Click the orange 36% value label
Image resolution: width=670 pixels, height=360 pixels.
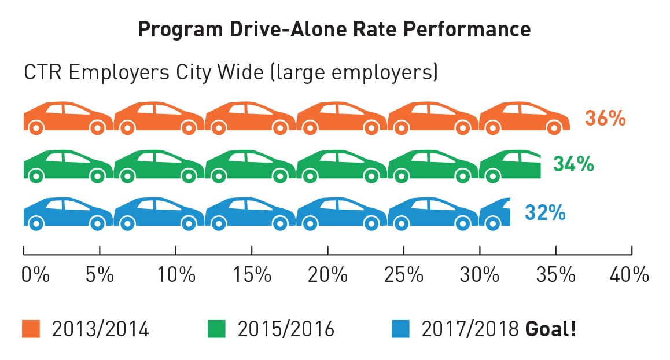[x=605, y=118]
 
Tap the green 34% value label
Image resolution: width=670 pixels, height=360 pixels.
[x=573, y=164]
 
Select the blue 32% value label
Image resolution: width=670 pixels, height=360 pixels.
[x=545, y=212]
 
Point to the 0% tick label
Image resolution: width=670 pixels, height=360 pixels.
[x=35, y=274]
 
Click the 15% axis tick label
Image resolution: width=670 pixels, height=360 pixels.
[x=252, y=274]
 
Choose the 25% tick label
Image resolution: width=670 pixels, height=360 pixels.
[x=404, y=274]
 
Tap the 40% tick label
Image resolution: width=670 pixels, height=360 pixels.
[x=629, y=274]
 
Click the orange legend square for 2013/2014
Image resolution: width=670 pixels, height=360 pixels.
[x=31, y=329]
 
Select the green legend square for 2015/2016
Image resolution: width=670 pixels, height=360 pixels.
[x=216, y=329]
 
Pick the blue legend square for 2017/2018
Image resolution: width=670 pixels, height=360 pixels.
[x=400, y=329]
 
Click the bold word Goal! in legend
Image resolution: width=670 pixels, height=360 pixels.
[x=550, y=329]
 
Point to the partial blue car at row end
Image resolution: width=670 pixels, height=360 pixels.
[x=495, y=214]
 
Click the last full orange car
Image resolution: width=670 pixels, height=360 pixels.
[x=524, y=118]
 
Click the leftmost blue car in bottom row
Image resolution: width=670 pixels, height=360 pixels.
[x=68, y=214]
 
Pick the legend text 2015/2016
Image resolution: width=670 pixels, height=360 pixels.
[x=286, y=329]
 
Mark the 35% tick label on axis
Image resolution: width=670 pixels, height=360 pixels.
[x=555, y=274]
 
